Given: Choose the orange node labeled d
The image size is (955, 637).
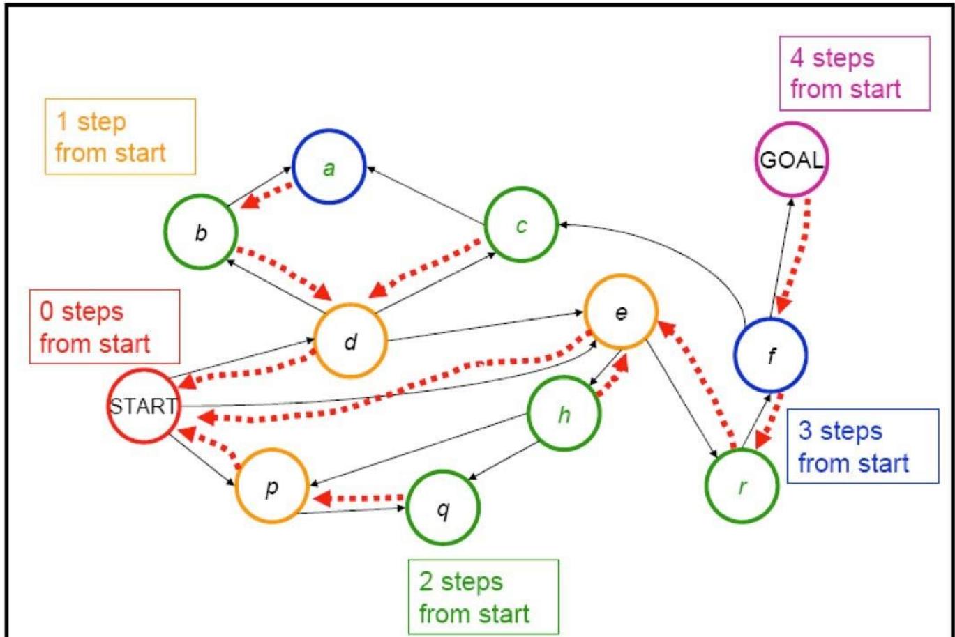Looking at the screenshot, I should [350, 341].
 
